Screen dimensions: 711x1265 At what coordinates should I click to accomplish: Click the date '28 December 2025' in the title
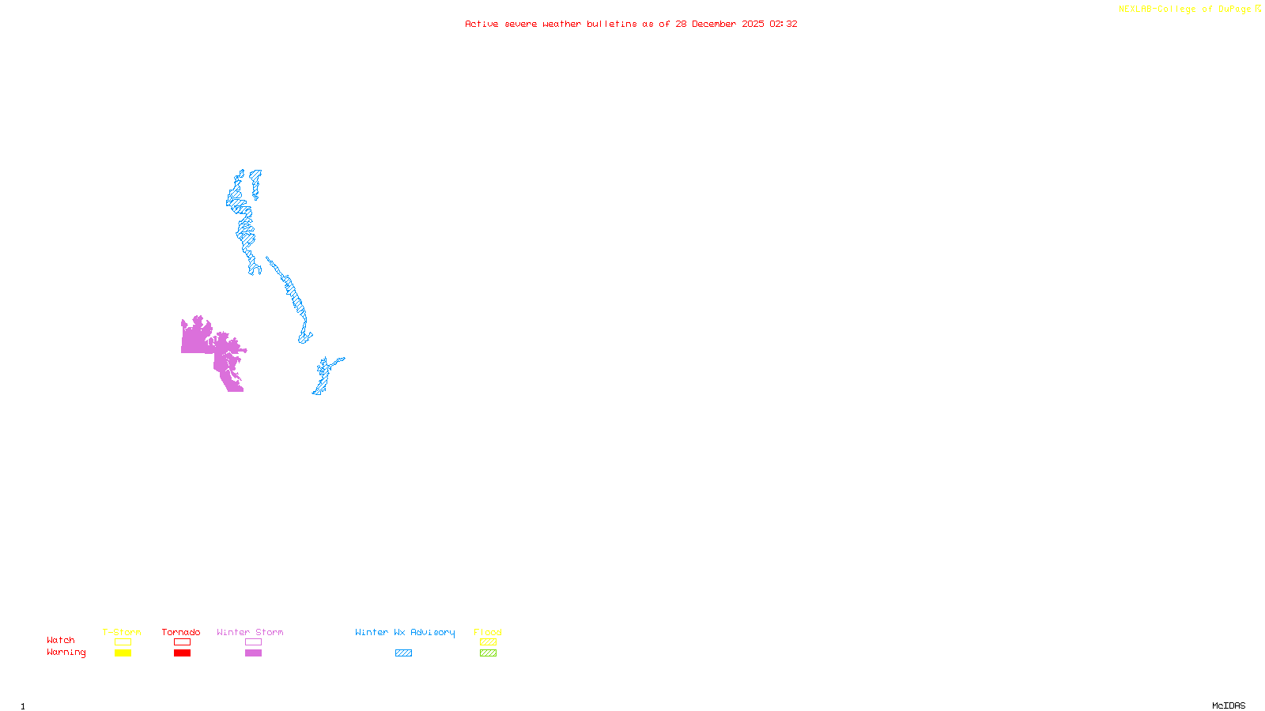point(719,24)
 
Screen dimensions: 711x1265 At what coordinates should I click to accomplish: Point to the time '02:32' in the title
point(783,24)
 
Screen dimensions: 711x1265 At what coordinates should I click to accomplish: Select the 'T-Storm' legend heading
point(122,632)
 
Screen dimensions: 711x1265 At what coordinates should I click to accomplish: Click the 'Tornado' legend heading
point(181,632)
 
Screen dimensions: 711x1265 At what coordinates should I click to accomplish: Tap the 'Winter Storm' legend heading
point(250,632)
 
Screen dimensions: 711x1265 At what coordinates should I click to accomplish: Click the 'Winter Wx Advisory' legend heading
point(405,632)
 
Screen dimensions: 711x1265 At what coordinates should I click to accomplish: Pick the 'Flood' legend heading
point(488,632)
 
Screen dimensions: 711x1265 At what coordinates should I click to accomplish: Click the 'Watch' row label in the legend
point(61,640)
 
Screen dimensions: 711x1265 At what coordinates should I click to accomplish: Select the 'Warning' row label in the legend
point(66,653)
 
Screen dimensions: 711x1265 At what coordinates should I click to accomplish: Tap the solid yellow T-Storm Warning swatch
point(123,653)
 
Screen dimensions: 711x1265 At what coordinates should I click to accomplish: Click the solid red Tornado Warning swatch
point(183,653)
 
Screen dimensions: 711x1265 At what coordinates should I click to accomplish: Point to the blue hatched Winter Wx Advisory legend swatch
point(403,653)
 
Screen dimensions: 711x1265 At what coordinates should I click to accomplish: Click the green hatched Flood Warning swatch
point(488,653)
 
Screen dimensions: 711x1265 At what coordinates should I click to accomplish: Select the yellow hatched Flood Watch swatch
point(488,642)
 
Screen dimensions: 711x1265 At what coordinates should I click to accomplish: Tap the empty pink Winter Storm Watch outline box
point(253,642)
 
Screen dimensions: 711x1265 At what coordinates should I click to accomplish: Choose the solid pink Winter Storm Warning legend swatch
point(253,653)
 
